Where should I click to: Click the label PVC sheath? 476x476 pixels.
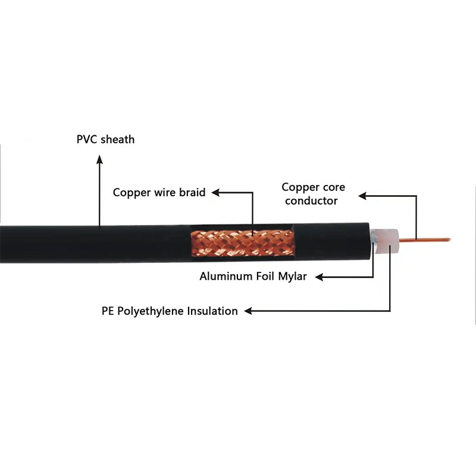pos(106,140)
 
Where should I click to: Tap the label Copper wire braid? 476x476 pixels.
pos(159,192)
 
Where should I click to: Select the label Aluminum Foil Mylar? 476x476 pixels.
pos(253,277)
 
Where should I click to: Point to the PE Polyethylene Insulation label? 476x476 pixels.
pos(170,311)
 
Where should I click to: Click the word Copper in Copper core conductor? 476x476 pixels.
pos(298,187)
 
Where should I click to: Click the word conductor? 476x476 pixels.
pos(311,201)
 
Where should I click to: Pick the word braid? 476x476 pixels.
pos(192,192)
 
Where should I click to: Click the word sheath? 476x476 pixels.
pos(117,140)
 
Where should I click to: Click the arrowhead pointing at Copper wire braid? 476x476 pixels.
pos(216,192)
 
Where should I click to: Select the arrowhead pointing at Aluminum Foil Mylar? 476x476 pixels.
pos(318,277)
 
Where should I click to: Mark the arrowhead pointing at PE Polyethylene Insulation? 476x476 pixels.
pos(249,311)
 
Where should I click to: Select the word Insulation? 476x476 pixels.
pos(212,311)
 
